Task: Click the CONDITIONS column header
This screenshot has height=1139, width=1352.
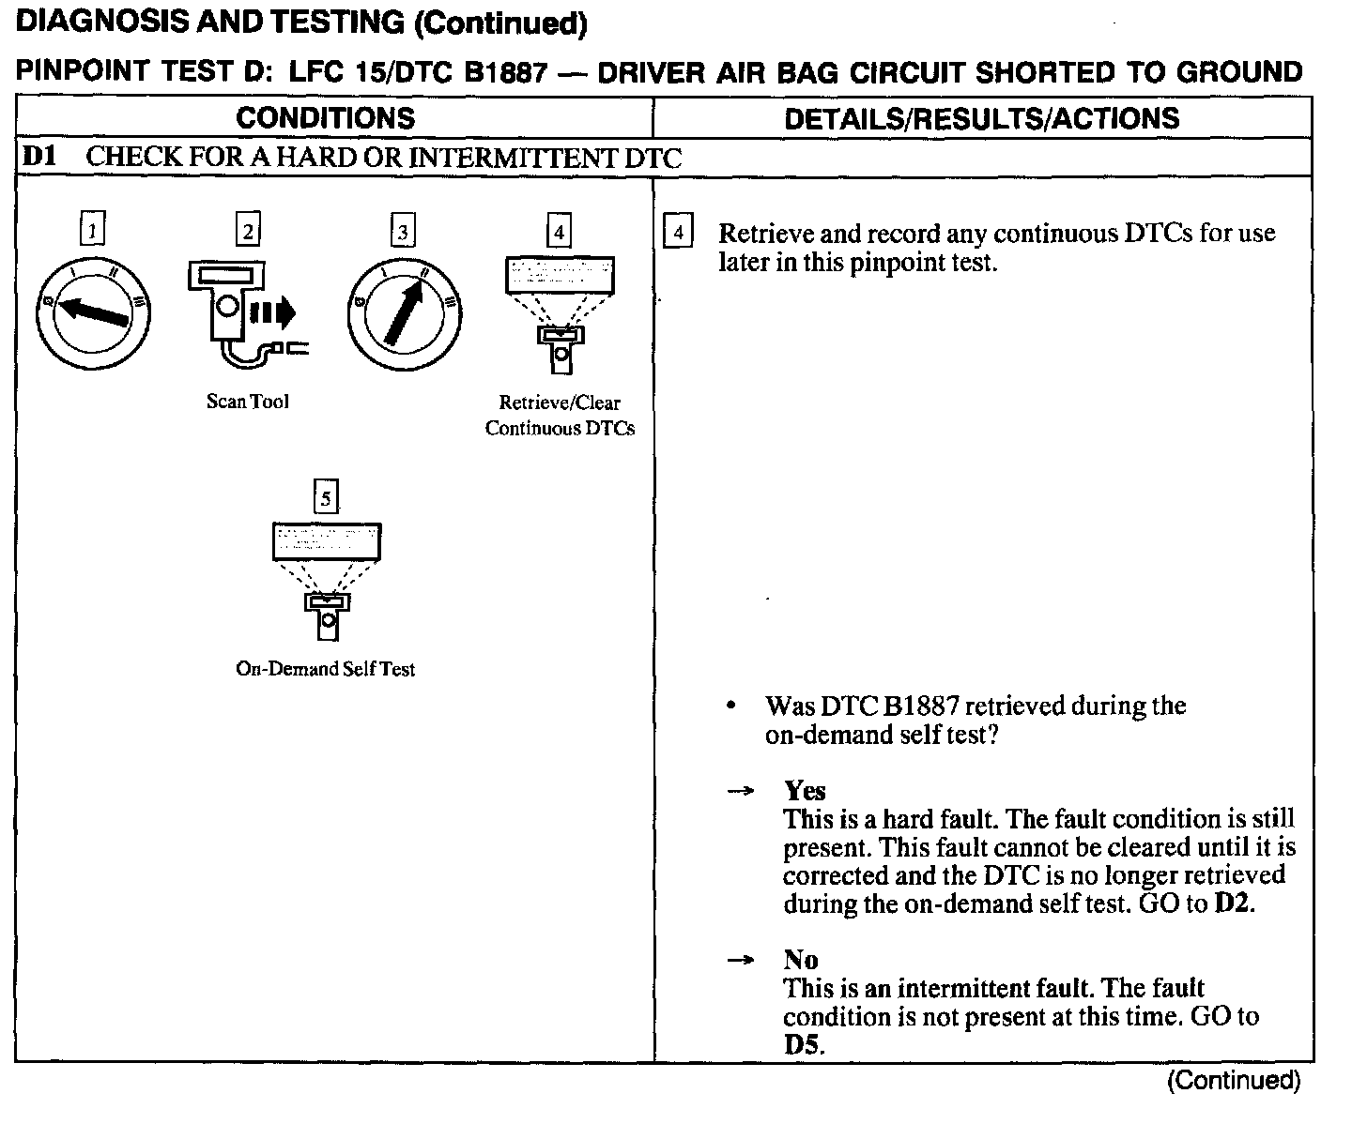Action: coord(325,118)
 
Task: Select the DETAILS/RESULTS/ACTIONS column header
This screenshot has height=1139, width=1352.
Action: coord(981,118)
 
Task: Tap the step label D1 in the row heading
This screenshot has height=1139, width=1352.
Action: coord(38,157)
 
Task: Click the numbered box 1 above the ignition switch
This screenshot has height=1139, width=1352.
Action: coord(92,230)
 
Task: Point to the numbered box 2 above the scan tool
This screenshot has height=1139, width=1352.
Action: coord(247,230)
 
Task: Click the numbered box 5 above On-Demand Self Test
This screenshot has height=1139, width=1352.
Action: coord(325,497)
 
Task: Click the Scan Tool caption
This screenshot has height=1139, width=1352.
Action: coord(248,402)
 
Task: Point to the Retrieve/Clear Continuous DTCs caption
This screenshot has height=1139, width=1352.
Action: coord(560,416)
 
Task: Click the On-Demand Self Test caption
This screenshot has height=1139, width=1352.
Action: coord(325,669)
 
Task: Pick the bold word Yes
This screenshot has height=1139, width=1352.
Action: coord(805,790)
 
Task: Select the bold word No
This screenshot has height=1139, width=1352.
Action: coord(801,959)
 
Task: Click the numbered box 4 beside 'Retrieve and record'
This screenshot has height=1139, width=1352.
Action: coord(678,232)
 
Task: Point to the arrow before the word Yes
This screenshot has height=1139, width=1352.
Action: coord(741,791)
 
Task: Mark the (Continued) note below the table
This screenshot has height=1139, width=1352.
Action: coord(1233,1081)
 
